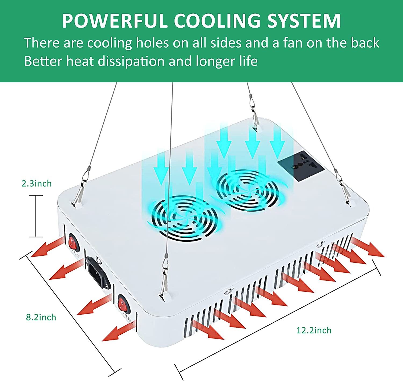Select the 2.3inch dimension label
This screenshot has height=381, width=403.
click(x=36, y=184)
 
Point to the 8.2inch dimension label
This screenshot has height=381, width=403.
click(x=41, y=317)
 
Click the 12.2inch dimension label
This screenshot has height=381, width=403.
click(x=314, y=330)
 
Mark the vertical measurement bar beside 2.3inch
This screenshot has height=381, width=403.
click(x=36, y=216)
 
